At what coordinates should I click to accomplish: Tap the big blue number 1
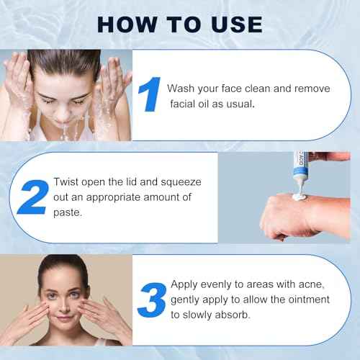click(x=149, y=94)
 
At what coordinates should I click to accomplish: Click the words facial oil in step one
click(x=192, y=104)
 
